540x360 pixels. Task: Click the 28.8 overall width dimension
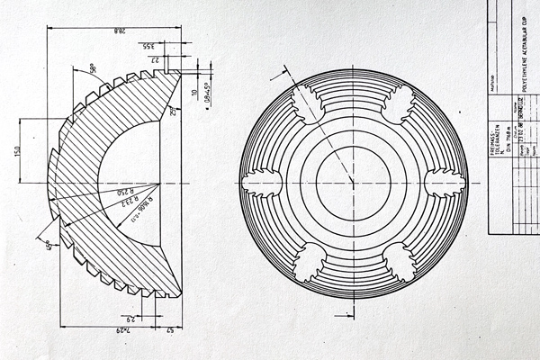pos(117,31)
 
